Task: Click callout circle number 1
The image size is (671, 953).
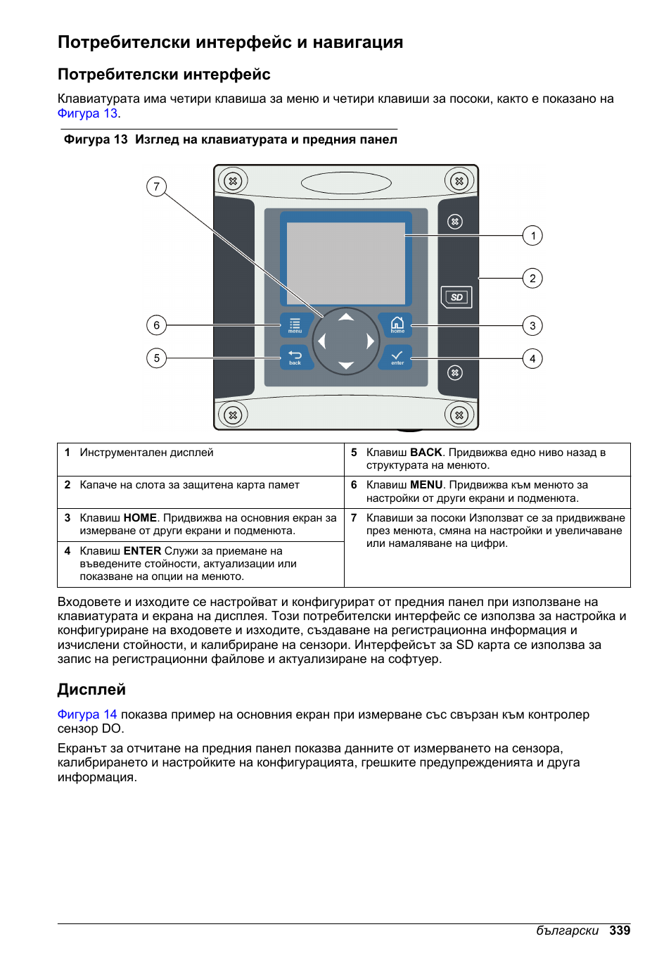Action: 532,236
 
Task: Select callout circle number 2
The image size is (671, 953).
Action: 532,278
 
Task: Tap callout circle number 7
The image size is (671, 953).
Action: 156,187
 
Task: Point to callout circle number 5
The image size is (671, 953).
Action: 156,358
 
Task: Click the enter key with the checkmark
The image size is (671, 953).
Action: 397,357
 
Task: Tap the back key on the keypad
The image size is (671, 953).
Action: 295,357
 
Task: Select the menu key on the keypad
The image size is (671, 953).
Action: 295,325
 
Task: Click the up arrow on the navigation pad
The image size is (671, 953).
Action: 346,317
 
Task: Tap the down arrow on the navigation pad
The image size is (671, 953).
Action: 346,365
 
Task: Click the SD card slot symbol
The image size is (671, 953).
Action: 456,297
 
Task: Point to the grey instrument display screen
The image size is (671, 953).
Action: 345,263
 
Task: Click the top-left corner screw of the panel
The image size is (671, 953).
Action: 233,181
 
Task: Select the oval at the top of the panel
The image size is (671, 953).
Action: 346,183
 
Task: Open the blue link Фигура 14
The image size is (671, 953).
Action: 87,714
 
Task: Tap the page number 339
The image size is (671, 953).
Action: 620,930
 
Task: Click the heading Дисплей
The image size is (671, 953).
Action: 91,690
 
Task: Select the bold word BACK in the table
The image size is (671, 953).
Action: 426,453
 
